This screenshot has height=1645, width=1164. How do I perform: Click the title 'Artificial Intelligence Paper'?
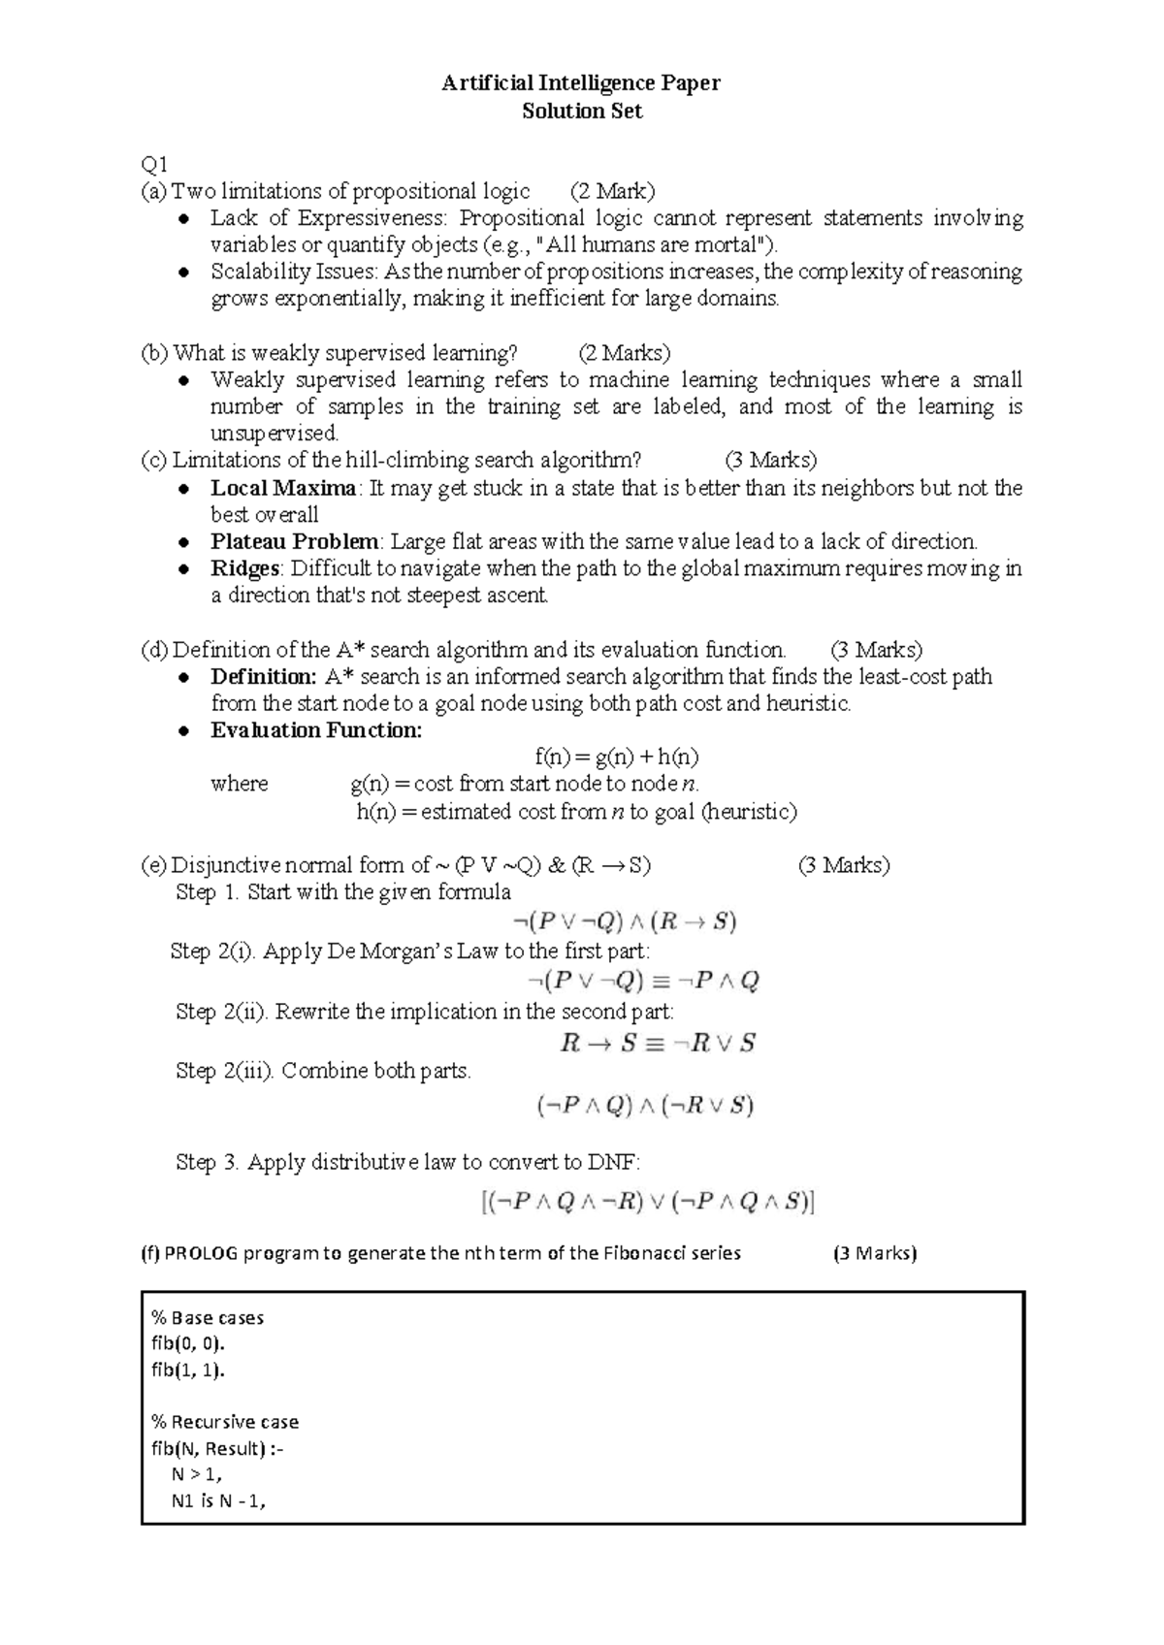pyautogui.click(x=581, y=83)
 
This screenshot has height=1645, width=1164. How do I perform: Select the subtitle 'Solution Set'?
pyautogui.click(x=582, y=112)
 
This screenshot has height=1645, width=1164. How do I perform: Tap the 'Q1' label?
pyautogui.click(x=154, y=164)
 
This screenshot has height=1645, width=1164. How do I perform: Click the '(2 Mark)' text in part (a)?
pyautogui.click(x=612, y=191)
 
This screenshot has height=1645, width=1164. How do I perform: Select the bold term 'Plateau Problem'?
pyautogui.click(x=295, y=541)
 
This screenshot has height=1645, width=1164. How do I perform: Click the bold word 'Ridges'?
pyautogui.click(x=245, y=568)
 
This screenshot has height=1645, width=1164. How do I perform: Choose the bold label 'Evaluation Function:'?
pyautogui.click(x=316, y=730)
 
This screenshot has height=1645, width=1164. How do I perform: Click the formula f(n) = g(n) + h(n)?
pyautogui.click(x=617, y=757)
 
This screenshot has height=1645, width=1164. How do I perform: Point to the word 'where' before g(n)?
pyautogui.click(x=239, y=784)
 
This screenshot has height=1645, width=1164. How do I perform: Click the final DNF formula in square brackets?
pyautogui.click(x=647, y=1203)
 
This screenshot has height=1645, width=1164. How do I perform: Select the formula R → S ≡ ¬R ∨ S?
pyautogui.click(x=658, y=1044)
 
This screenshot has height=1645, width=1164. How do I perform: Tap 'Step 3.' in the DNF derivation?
pyautogui.click(x=208, y=1162)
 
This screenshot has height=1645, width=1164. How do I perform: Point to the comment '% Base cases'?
pyautogui.click(x=208, y=1318)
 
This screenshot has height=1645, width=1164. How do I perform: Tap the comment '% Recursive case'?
pyautogui.click(x=225, y=1422)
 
